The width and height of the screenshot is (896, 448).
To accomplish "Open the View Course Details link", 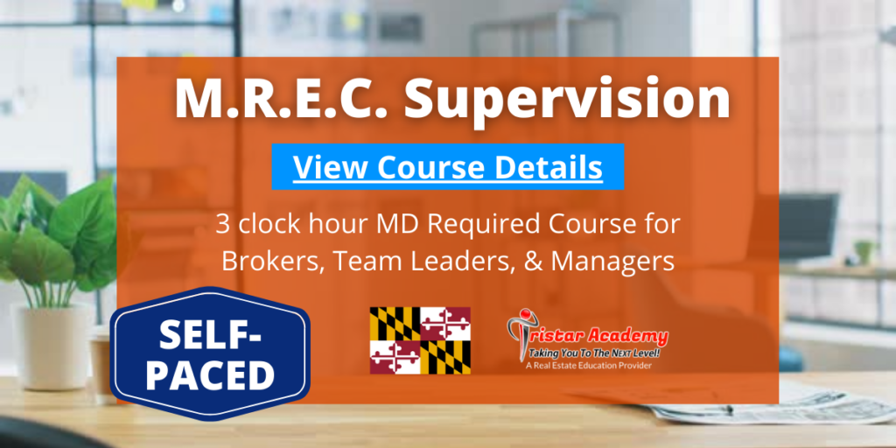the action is tap(447, 167).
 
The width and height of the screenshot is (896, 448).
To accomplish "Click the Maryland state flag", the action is tap(420, 340).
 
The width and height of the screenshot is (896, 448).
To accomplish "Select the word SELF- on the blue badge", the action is tap(210, 334).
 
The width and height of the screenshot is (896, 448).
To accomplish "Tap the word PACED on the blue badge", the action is tap(210, 374).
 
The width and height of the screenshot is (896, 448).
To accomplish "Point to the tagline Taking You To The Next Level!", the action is tap(594, 353).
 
